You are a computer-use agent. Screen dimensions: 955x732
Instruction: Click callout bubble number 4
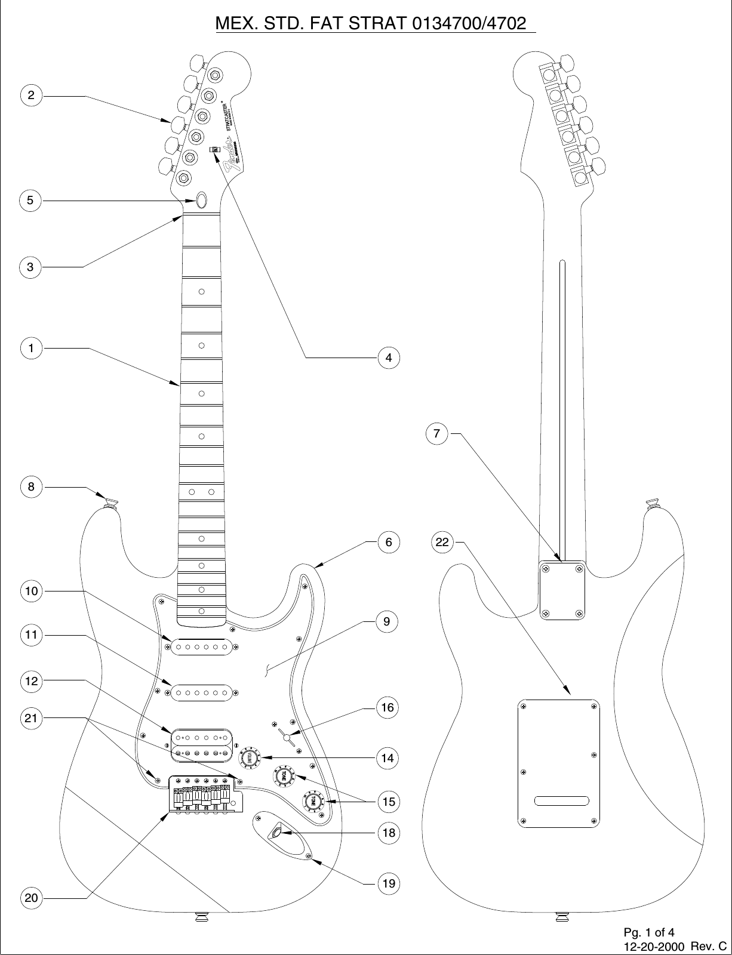[389, 358]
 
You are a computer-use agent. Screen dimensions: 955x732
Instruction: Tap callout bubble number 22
[442, 543]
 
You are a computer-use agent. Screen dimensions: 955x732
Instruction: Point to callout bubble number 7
[437, 434]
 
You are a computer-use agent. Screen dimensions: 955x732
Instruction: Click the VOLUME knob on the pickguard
[250, 757]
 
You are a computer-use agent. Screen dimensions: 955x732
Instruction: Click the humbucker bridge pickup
[201, 745]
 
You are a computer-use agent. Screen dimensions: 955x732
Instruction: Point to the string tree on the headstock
[216, 150]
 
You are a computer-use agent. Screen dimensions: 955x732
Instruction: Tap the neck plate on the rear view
[562, 590]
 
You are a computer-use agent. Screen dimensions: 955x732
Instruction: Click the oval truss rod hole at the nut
[202, 200]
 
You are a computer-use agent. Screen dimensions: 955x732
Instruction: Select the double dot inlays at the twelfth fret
[202, 492]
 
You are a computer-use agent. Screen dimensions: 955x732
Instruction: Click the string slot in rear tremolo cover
[562, 800]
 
